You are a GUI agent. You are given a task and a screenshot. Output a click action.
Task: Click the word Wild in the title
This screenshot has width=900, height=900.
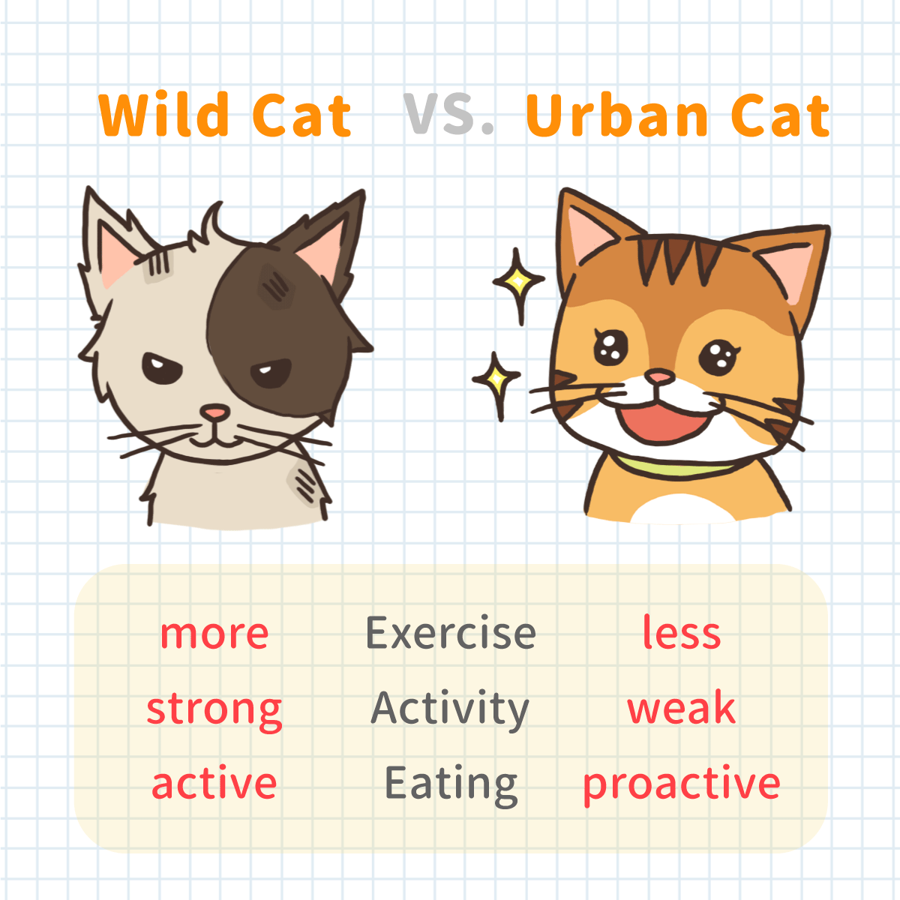point(164,114)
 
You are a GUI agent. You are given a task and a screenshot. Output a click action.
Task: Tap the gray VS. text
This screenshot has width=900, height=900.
point(448,113)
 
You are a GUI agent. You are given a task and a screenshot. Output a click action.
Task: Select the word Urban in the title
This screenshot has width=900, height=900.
point(616,115)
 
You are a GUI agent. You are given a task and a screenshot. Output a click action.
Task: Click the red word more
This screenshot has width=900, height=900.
point(214,634)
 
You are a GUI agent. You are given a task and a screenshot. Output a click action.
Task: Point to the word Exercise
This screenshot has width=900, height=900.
point(451,632)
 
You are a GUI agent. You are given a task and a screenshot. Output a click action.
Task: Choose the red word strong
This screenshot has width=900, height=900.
point(214,710)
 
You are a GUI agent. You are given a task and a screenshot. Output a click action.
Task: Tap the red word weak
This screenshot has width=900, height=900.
point(682,706)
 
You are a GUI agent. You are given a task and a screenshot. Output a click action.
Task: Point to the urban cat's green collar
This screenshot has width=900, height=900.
point(673,467)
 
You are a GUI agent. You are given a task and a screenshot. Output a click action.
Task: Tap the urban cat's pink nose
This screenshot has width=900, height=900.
point(659,376)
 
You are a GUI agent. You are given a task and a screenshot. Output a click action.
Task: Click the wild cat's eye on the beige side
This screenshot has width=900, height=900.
point(161,368)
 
